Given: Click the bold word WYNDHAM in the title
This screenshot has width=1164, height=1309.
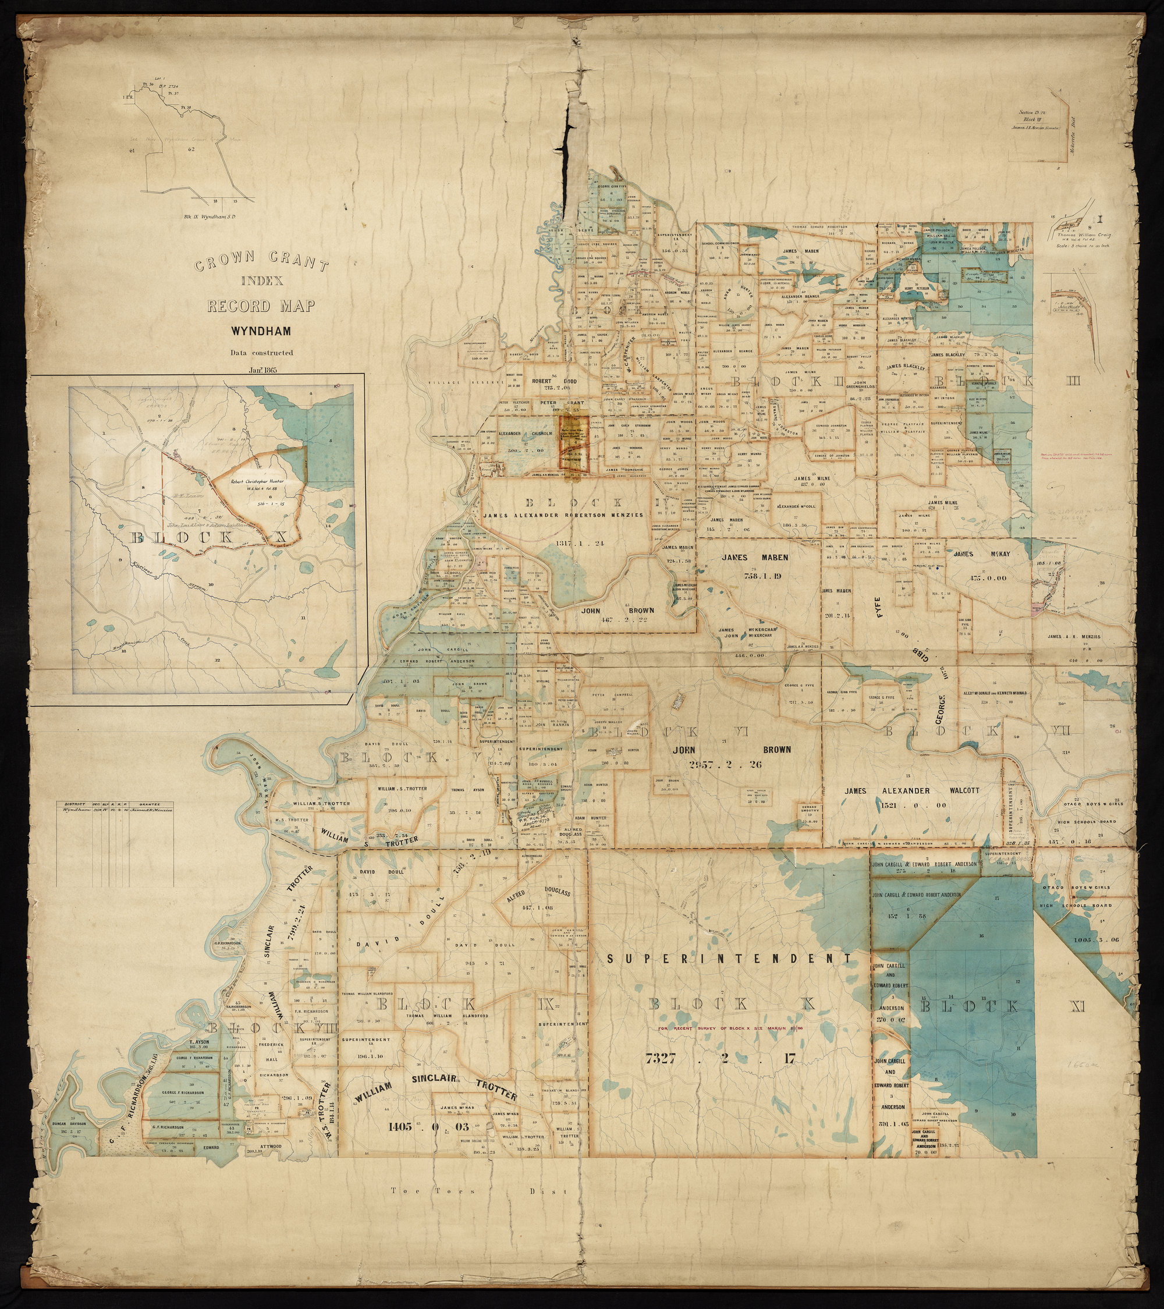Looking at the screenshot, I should (x=261, y=332).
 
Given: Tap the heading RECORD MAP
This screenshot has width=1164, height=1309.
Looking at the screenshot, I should (x=261, y=306).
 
